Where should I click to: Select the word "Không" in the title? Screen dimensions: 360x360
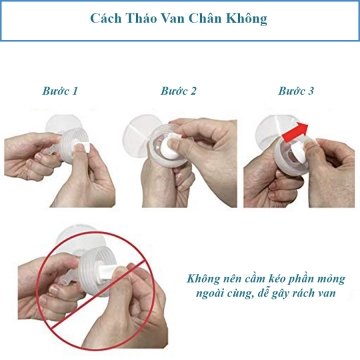tap(247, 19)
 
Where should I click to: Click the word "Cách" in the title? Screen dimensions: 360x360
tap(106, 19)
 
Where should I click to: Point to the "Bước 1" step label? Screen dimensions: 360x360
tap(60, 91)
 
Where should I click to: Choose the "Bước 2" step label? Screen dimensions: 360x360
tap(179, 91)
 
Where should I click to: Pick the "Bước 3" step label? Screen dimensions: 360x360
tap(296, 91)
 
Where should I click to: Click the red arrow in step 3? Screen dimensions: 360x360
tap(295, 133)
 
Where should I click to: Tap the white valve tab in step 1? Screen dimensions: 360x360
tap(81, 146)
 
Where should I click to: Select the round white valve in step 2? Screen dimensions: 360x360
tap(173, 147)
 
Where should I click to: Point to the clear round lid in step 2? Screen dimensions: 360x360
tap(138, 136)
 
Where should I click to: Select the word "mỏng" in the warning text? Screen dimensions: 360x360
tap(330, 279)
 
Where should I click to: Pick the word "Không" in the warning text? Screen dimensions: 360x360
tap(202, 278)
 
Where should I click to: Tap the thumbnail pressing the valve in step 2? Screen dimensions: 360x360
tap(173, 144)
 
